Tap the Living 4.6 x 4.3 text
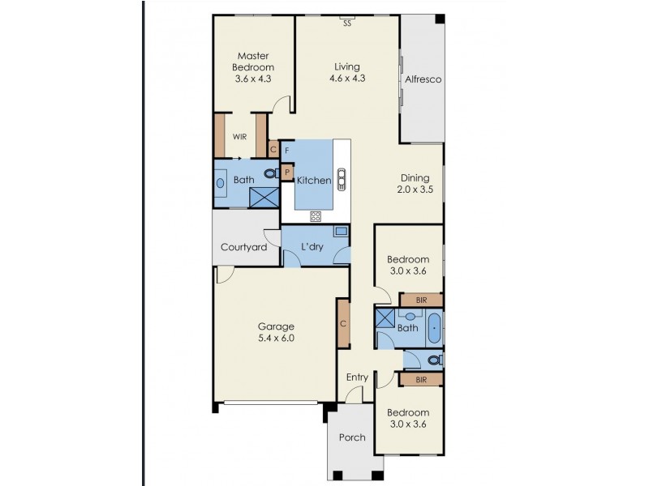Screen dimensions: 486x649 click(x=347, y=73)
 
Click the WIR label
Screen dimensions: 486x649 click(x=239, y=137)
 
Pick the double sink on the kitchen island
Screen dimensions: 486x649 click(x=342, y=177)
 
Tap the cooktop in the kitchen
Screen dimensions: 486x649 click(x=316, y=215)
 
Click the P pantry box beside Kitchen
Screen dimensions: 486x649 click(x=287, y=172)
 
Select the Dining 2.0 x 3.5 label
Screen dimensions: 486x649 click(x=415, y=185)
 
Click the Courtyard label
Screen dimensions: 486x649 click(x=244, y=247)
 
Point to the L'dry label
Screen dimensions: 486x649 click(x=312, y=247)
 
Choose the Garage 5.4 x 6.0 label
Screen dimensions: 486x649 click(x=276, y=332)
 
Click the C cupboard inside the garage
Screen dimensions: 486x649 click(x=343, y=323)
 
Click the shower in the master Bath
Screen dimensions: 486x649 click(x=263, y=197)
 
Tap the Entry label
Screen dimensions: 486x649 click(x=357, y=377)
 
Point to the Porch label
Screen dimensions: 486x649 click(x=352, y=437)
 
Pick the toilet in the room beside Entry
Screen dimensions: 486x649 click(x=433, y=360)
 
